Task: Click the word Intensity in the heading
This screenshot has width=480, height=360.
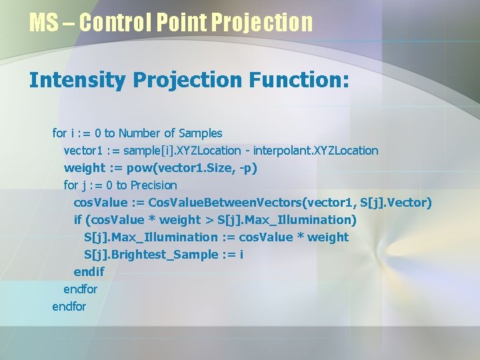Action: (77, 81)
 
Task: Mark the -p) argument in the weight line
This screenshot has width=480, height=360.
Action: (247, 168)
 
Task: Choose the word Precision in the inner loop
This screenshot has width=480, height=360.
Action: (154, 185)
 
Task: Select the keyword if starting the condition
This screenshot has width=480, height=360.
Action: (77, 220)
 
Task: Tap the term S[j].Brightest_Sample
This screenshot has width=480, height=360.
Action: (151, 255)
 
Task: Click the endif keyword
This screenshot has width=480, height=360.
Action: (89, 272)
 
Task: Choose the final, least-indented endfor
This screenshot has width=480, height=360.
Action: (69, 307)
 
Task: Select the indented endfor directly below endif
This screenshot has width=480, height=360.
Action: (80, 289)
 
